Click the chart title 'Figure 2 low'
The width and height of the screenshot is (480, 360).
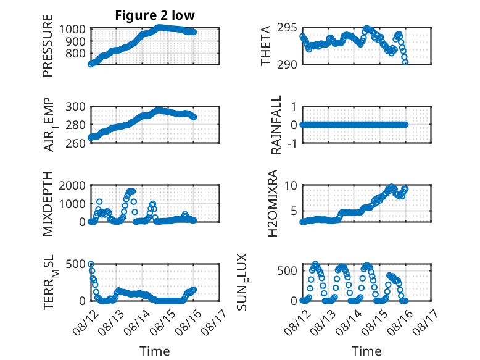point(155,15)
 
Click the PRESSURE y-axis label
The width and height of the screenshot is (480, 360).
point(48,46)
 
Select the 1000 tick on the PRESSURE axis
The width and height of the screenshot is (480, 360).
point(72,30)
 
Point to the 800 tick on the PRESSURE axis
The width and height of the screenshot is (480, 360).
point(76,54)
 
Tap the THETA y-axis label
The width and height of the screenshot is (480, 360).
point(266,46)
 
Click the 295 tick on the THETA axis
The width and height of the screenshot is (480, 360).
point(287,28)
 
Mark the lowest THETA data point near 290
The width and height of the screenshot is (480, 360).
point(405,62)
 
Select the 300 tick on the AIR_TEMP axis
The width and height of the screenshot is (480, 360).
point(76,107)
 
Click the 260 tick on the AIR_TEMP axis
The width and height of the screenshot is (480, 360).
point(76,143)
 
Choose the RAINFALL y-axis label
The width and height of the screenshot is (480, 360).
point(276,125)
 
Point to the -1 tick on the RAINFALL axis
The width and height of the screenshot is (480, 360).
point(292,143)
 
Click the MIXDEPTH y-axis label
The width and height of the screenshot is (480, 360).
point(48,204)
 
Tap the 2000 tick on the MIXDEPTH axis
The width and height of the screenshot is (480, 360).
point(72,185)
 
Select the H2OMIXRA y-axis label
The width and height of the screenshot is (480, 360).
point(272,203)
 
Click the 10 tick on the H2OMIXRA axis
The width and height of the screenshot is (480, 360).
point(291,185)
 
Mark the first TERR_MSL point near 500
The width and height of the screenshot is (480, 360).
point(91,264)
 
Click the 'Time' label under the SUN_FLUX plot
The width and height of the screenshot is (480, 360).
point(366,351)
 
